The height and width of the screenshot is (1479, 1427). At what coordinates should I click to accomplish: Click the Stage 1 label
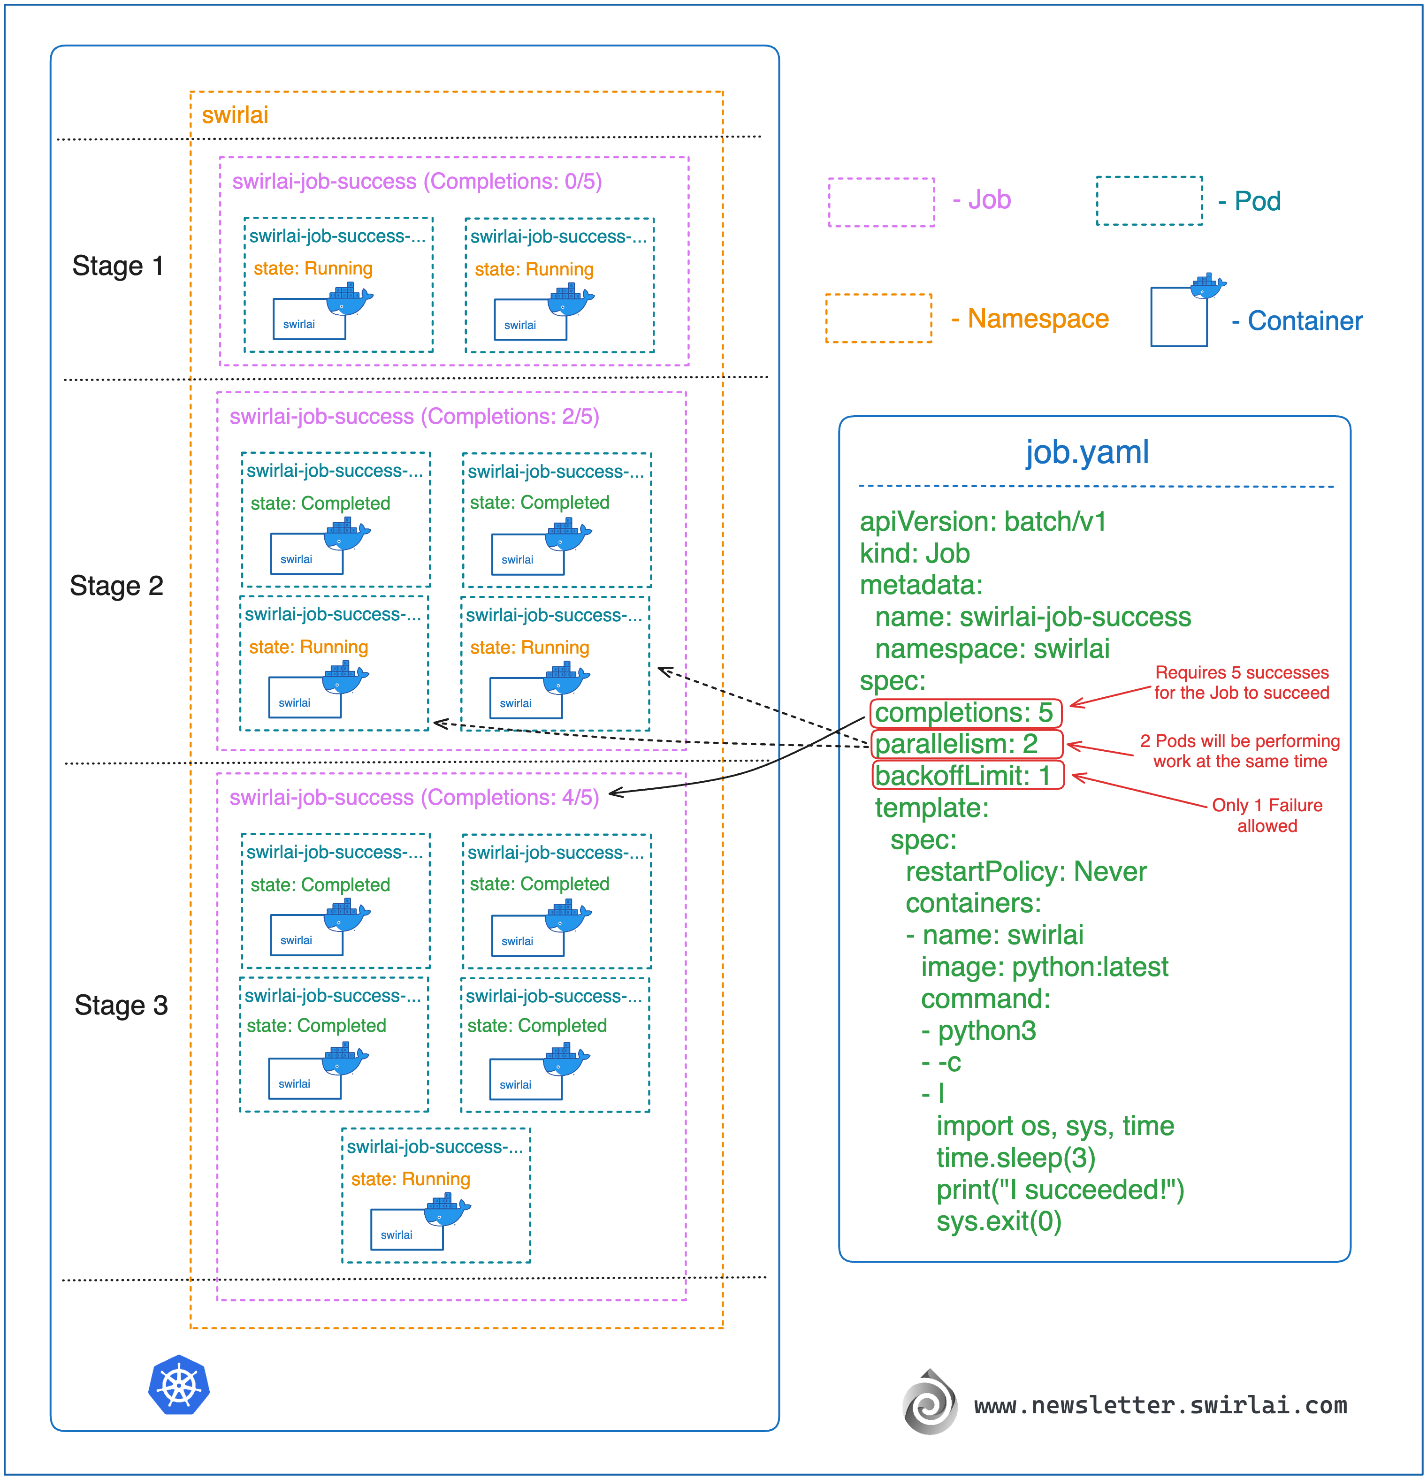[118, 267]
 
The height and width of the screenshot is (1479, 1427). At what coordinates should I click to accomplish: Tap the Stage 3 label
[121, 1006]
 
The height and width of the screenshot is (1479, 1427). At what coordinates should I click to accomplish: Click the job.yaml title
[1087, 453]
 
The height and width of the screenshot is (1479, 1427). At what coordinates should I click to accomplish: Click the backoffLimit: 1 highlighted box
[968, 776]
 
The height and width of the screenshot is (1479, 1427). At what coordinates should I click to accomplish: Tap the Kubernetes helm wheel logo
[179, 1386]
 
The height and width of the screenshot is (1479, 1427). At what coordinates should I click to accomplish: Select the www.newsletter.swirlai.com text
[1160, 1406]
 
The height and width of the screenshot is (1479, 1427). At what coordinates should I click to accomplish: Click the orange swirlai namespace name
[235, 115]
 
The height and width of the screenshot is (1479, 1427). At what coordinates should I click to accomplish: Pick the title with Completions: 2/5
[414, 417]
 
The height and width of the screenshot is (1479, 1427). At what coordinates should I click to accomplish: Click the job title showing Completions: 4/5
[414, 798]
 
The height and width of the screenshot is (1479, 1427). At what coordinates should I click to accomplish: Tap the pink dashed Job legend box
[881, 202]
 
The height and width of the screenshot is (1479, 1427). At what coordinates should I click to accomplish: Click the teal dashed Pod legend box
[1149, 201]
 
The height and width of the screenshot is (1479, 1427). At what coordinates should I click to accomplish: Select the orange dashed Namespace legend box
[878, 319]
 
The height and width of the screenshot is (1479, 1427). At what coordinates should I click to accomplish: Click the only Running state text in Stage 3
[411, 1180]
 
